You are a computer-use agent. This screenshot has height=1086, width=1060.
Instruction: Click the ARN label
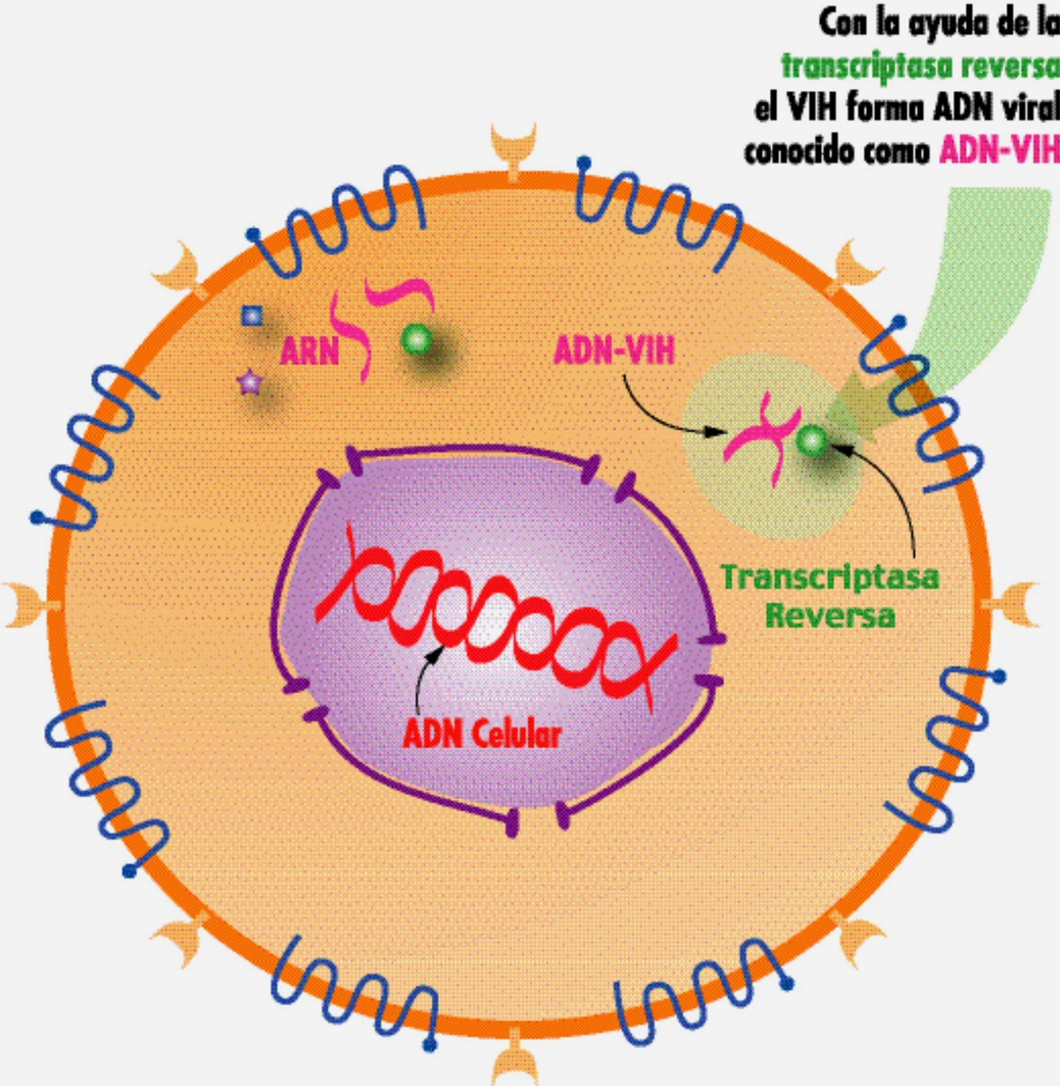click(x=310, y=351)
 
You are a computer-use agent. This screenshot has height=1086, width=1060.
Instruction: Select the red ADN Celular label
click(x=482, y=735)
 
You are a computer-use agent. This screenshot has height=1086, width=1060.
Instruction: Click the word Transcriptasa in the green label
click(x=830, y=577)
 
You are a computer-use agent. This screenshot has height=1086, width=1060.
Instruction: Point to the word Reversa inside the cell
click(x=830, y=615)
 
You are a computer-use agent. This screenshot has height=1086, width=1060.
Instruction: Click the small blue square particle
click(x=252, y=316)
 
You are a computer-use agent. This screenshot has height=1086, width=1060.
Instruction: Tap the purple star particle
click(x=249, y=381)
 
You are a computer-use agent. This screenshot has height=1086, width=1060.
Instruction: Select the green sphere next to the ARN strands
click(x=416, y=338)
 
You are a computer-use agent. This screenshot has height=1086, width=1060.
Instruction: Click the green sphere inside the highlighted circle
click(x=812, y=440)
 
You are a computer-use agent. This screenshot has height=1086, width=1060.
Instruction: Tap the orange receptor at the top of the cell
click(x=513, y=148)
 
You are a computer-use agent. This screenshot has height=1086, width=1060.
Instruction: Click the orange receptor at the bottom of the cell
click(x=513, y=1061)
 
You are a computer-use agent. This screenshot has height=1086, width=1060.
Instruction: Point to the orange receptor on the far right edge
click(x=1017, y=604)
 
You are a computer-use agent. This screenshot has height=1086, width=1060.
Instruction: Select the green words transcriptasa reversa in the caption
click(x=920, y=67)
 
